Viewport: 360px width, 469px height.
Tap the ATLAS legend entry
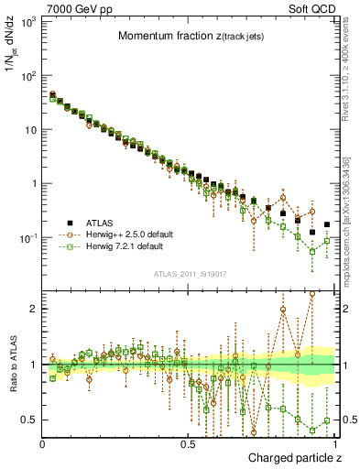point(92,223)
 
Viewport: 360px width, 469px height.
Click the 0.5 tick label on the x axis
point(189,443)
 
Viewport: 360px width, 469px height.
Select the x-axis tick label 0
point(43,443)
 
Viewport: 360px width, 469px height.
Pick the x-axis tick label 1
point(335,443)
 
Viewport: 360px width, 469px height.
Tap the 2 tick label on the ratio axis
point(33,309)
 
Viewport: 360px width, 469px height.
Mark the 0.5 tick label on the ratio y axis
point(29,420)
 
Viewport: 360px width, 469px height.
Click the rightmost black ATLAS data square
point(327,224)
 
